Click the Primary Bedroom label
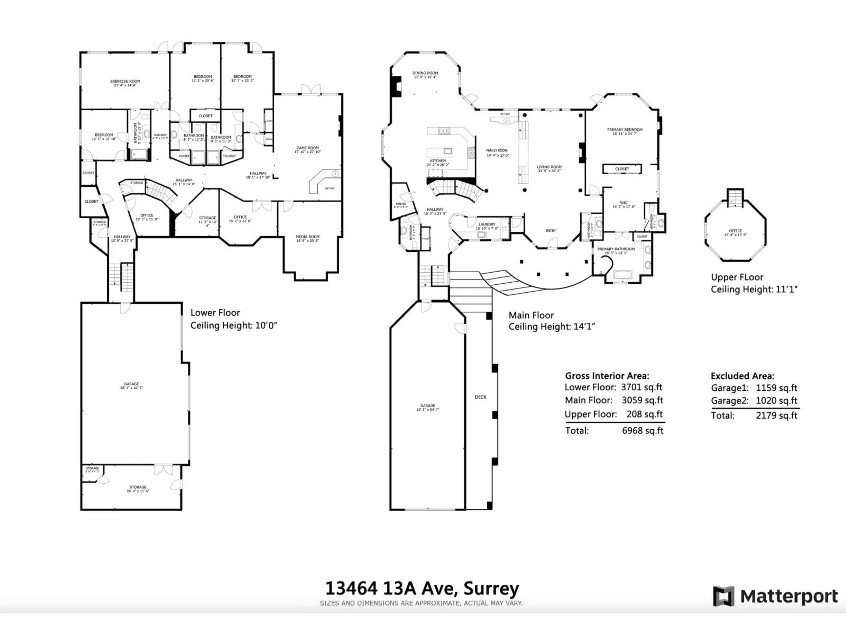[625, 130]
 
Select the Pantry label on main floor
[401, 204]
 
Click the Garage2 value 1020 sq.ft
[776, 401]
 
